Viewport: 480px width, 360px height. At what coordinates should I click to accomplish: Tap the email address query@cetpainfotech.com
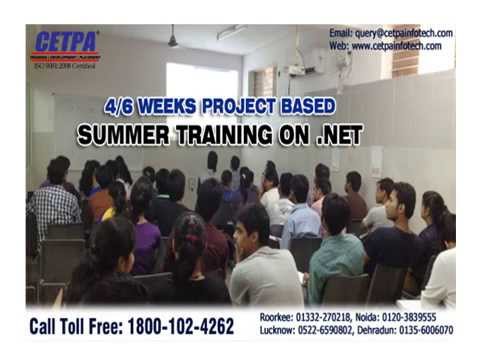tap(406, 33)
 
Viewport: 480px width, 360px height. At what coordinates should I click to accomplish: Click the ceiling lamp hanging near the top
tap(172, 41)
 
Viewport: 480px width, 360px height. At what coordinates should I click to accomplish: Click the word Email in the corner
tap(342, 33)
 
